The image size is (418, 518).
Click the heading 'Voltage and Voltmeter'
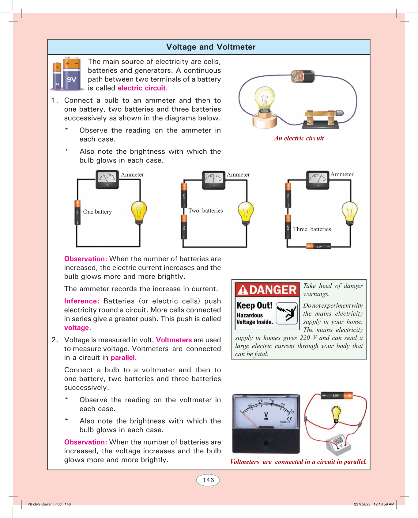click(x=211, y=47)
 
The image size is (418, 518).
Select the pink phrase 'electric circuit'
click(x=142, y=88)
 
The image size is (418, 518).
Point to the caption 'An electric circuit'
click(x=299, y=138)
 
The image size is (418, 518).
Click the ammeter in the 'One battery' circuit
click(x=107, y=180)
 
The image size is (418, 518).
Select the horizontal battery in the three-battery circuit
click(x=319, y=246)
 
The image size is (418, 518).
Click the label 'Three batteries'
click(x=312, y=229)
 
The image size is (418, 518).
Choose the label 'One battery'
click(x=97, y=212)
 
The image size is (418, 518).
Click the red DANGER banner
click(x=267, y=290)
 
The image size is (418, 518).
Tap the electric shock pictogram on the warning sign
click(x=287, y=313)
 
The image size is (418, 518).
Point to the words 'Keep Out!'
click(x=254, y=305)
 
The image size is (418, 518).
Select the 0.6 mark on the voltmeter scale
click(x=272, y=401)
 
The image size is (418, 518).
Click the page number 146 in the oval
click(x=208, y=480)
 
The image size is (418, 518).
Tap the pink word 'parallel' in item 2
click(x=122, y=358)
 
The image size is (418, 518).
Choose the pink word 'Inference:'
click(x=82, y=301)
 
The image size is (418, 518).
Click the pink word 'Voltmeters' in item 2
click(x=174, y=340)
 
